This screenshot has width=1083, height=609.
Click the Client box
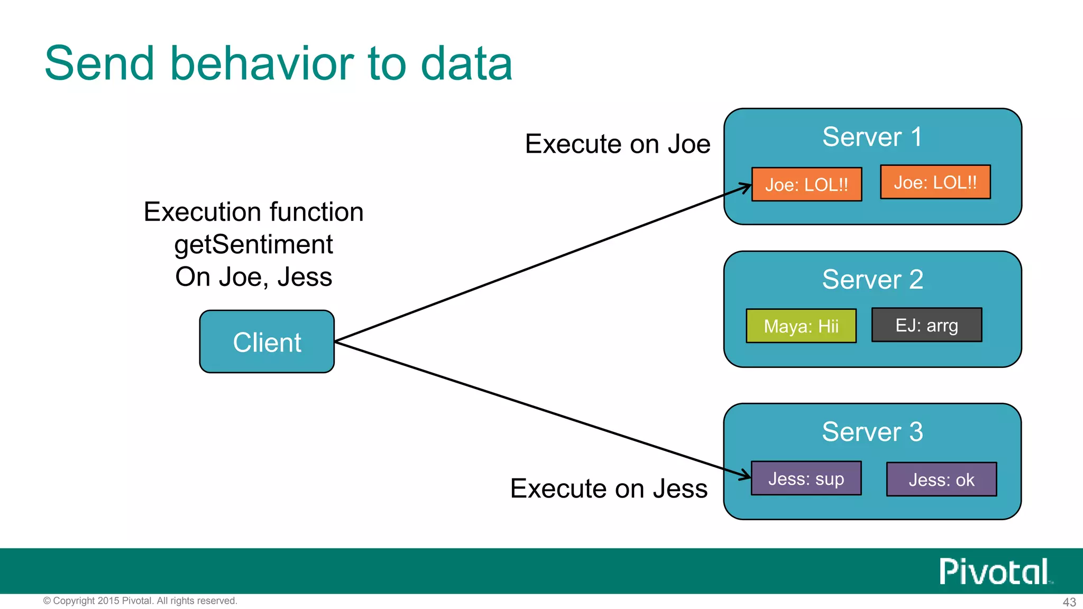[267, 342]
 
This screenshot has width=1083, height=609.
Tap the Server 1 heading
[872, 137]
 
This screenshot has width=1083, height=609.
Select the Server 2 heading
[872, 279]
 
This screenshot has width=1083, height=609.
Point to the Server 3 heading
[872, 431]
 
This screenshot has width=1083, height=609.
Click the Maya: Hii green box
[801, 326]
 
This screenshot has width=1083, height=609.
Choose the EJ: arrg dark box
[926, 325]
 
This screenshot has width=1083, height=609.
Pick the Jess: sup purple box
[806, 478]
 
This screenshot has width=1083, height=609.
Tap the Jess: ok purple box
[941, 479]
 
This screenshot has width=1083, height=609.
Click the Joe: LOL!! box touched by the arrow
[806, 184]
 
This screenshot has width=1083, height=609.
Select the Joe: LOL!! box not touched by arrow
[935, 182]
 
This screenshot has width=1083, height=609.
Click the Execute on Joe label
[617, 144]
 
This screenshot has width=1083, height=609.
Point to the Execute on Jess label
[609, 488]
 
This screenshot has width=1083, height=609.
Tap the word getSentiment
[253, 244]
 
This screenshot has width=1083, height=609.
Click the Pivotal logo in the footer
[995, 571]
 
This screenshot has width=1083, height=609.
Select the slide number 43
[1069, 602]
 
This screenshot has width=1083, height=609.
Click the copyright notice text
[140, 601]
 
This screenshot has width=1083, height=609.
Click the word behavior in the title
[262, 63]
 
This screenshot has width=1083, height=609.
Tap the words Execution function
[253, 212]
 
